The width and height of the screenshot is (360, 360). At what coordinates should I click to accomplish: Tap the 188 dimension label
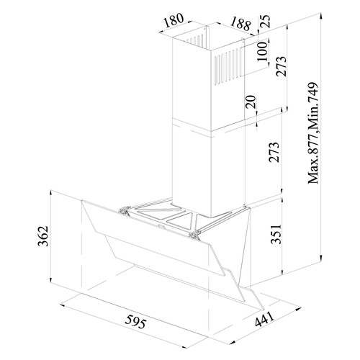[240, 24]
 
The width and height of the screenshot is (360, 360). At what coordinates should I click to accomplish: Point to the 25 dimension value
[265, 21]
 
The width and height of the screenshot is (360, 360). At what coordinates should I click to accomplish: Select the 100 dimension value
[262, 51]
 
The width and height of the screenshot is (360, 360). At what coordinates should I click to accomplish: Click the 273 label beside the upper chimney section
[282, 66]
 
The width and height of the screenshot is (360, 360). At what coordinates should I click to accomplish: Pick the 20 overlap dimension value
[251, 102]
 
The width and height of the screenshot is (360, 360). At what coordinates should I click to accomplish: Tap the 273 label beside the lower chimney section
[274, 152]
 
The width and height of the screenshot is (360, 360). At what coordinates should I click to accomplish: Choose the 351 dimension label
[276, 234]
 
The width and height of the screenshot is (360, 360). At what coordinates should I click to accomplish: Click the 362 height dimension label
[43, 236]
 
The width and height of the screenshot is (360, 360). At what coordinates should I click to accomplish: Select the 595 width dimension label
[135, 322]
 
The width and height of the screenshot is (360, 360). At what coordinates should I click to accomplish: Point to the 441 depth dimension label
[264, 320]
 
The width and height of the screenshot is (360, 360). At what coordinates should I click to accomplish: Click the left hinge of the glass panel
[125, 210]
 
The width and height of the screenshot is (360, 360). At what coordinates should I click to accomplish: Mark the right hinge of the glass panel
[195, 234]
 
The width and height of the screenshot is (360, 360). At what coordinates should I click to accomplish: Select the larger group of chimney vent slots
[228, 66]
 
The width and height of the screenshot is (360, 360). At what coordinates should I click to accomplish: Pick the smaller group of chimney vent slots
[195, 40]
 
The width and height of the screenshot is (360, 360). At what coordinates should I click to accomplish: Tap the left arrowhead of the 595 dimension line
[63, 305]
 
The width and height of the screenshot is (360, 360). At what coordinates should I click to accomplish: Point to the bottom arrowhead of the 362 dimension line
[50, 280]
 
